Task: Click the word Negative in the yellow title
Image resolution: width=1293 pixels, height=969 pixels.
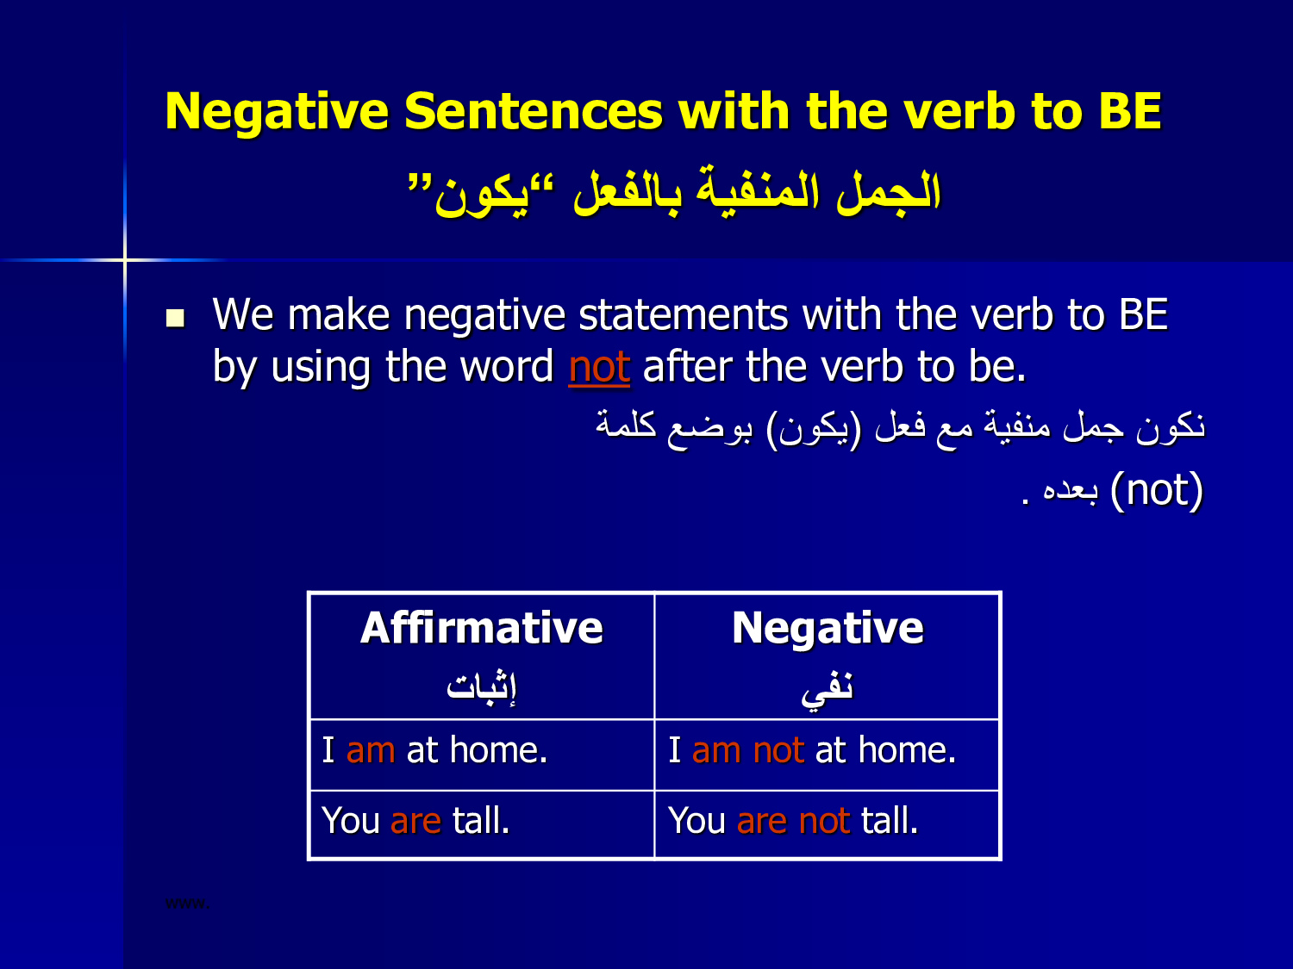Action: click(277, 112)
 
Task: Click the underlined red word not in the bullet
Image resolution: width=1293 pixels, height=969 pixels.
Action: click(599, 367)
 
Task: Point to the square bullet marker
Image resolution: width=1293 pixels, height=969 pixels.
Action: click(176, 319)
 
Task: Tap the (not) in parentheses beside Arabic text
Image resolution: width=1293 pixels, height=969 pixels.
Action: click(1156, 490)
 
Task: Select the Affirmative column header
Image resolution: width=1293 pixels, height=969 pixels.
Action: click(482, 628)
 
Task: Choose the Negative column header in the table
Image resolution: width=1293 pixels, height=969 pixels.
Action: click(828, 628)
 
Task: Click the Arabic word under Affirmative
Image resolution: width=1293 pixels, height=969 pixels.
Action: click(481, 686)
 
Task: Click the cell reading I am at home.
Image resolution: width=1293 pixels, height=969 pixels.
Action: click(482, 755)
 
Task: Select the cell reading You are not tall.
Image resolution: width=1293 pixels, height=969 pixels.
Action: click(827, 824)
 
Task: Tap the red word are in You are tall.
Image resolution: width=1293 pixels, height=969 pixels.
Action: click(415, 822)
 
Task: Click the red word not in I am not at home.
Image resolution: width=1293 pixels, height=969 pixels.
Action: click(778, 751)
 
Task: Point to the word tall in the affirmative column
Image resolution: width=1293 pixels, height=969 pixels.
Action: click(480, 820)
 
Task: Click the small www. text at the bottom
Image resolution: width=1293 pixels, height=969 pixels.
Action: click(187, 903)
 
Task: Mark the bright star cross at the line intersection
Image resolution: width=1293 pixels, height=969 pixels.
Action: click(125, 259)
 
